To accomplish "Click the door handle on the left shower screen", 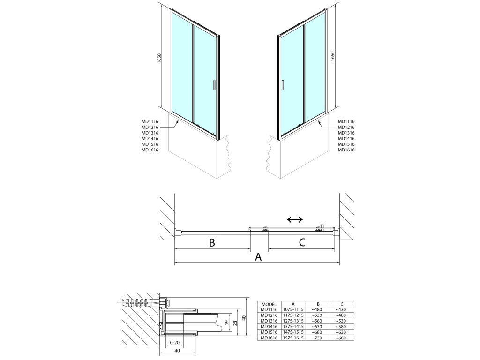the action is coord(214,85).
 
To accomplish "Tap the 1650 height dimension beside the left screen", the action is coord(159,59).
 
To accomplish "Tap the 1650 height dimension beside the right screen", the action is coord(333,56).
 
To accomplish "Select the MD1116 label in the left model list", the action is coord(150,121).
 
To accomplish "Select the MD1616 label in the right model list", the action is coord(346,150).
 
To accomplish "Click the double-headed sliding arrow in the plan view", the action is coord(295,219).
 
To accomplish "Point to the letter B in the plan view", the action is coord(212,242).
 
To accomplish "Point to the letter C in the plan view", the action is coord(302,242).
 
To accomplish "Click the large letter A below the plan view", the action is coord(259,256).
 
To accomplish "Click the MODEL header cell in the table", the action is coord(269,304).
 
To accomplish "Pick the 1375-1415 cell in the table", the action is coord(293,327).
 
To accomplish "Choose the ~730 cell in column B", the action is coord(318,338).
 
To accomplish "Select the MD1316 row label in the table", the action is coord(269,321).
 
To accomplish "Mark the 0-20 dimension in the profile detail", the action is coord(174,343).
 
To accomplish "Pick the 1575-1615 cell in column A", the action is coord(293,338).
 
